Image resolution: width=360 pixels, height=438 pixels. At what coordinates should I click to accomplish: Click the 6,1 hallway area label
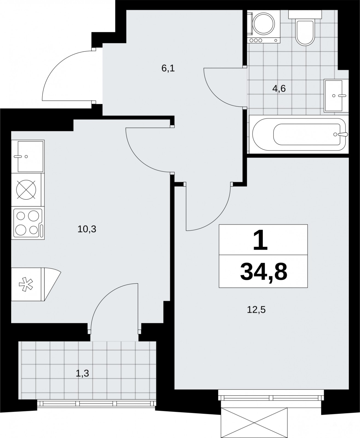point(168,68)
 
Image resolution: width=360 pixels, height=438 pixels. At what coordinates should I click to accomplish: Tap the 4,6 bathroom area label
point(279,89)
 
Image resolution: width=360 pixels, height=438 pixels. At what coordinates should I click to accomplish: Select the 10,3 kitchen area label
point(87,229)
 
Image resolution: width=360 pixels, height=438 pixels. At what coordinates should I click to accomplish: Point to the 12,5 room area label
point(256,310)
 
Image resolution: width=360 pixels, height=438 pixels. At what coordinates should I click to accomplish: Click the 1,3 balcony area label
point(82,373)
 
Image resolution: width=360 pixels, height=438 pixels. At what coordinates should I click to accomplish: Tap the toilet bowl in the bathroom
point(305,33)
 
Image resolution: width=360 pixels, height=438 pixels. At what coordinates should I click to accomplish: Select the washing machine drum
point(264,24)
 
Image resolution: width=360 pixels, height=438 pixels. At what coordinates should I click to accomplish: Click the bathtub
point(299,134)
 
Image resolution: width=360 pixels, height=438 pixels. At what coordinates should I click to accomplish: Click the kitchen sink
point(28,157)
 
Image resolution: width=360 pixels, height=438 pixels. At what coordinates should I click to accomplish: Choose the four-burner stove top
point(28,223)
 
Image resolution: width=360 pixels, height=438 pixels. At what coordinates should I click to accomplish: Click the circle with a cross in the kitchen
point(26,190)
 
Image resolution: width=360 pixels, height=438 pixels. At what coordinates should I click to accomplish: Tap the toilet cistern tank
point(305,15)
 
